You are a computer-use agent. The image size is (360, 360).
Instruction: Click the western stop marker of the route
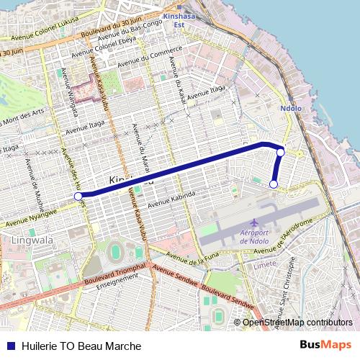tap(78, 195)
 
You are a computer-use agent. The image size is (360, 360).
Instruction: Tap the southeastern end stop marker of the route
tap(274, 184)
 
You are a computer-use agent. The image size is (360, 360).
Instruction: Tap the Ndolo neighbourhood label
tap(287, 109)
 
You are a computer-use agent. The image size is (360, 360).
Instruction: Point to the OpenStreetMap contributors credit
tap(297, 322)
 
